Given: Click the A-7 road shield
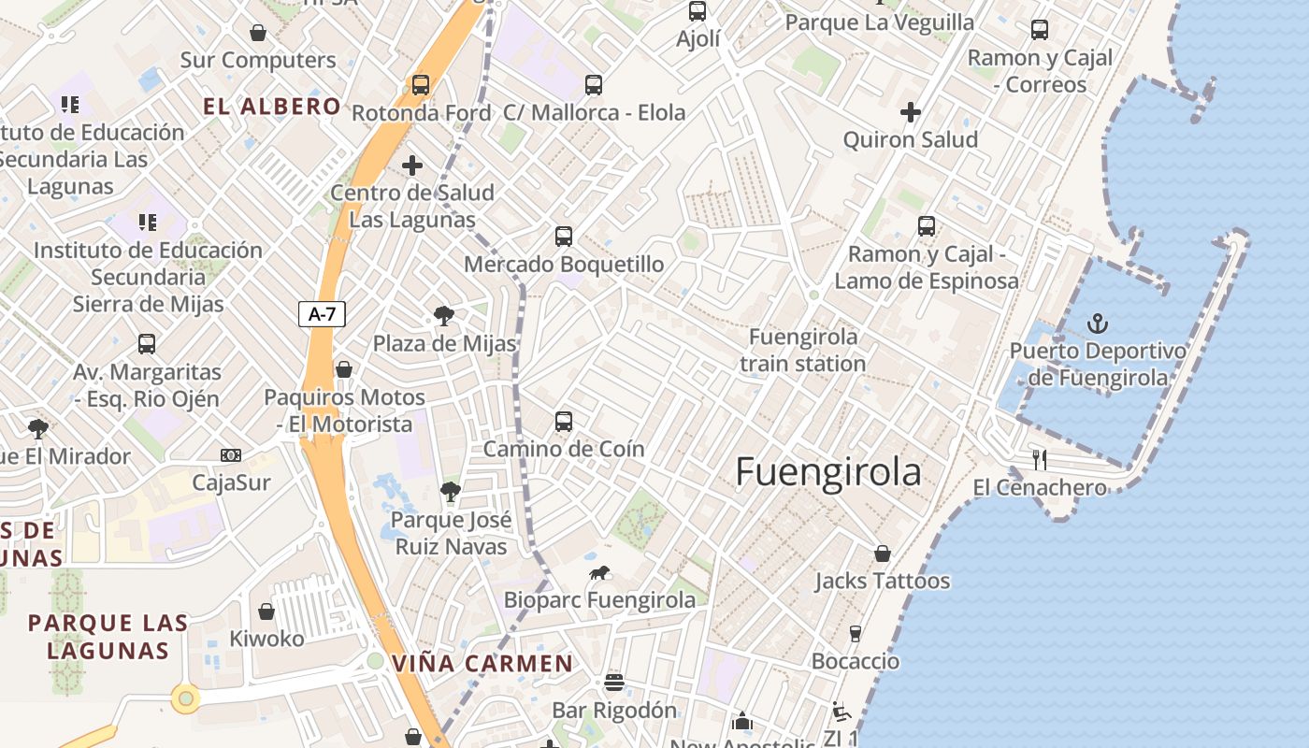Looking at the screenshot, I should click(322, 314).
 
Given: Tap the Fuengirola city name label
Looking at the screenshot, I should click(827, 472).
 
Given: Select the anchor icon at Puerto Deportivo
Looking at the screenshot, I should click(1098, 324).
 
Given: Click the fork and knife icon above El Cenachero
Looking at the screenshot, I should click(1039, 459).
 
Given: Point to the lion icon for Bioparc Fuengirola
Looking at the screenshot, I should click(599, 572).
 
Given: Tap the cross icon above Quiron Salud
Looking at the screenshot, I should click(910, 112).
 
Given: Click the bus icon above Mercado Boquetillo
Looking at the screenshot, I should click(563, 236).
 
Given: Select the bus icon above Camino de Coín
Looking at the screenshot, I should click(563, 421).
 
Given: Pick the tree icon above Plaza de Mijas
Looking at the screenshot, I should click(444, 316).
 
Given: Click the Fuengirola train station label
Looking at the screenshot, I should click(803, 350).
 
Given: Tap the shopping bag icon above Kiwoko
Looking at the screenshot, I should click(266, 611).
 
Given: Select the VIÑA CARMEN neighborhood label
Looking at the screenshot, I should click(482, 664).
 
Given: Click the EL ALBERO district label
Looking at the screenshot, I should click(272, 107).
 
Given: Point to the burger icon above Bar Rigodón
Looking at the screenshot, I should click(613, 682).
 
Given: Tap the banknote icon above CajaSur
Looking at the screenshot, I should click(230, 455).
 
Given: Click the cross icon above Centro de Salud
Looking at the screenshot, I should click(411, 165).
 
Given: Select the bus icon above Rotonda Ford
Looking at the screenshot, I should click(421, 85).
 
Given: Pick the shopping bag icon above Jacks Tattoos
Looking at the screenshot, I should click(882, 554).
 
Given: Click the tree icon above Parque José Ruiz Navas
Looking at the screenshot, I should click(451, 491).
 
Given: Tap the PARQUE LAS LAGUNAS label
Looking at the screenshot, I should click(108, 637).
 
